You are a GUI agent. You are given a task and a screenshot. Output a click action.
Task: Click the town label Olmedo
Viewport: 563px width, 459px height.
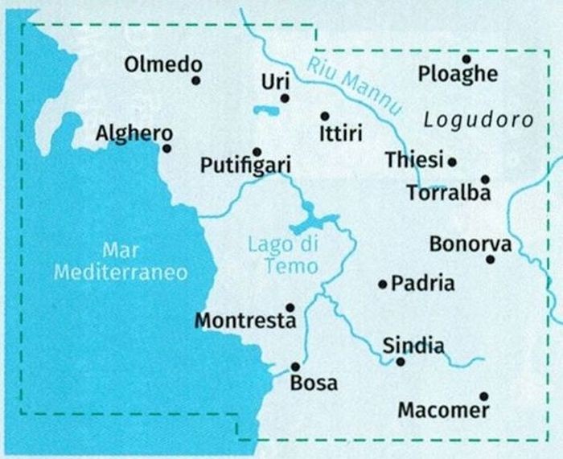(x=162, y=65)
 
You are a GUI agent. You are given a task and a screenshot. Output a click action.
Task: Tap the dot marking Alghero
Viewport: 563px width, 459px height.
(x=166, y=148)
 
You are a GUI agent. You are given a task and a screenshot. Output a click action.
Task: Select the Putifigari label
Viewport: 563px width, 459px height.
(x=245, y=166)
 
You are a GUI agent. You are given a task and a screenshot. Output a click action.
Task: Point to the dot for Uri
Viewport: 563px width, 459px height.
(x=284, y=98)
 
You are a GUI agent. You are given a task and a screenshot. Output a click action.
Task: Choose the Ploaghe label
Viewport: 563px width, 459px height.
(x=458, y=75)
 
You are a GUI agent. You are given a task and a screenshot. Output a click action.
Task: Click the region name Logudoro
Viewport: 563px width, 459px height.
(x=478, y=121)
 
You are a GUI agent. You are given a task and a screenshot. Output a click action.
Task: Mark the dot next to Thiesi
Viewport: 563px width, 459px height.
(x=452, y=162)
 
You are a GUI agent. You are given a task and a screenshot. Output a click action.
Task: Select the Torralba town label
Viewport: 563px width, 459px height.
(x=448, y=193)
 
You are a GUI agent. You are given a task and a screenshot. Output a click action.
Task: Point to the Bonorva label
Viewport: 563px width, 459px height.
(x=470, y=244)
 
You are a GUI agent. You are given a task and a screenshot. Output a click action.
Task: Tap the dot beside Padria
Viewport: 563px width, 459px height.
(x=383, y=283)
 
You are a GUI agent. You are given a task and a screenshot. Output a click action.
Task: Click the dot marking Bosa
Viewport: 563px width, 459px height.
(x=295, y=366)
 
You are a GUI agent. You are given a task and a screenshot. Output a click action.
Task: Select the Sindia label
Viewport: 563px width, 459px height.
(x=413, y=346)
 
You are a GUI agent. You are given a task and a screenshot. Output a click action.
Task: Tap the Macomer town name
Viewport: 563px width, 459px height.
(x=443, y=411)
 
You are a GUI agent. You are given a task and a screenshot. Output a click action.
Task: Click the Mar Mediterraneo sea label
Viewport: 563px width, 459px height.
(x=121, y=261)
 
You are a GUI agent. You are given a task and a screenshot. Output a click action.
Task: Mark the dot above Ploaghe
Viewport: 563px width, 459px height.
(x=466, y=59)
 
